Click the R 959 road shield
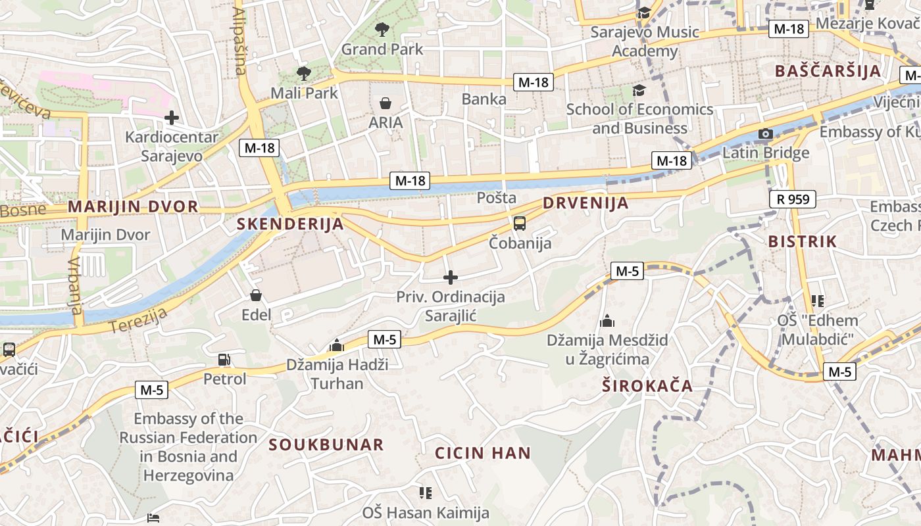click(x=792, y=199)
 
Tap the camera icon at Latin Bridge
click(x=765, y=134)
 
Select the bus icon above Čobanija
click(x=520, y=223)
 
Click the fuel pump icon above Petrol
click(x=224, y=360)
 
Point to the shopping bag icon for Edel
click(x=256, y=295)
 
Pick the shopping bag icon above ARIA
click(x=386, y=103)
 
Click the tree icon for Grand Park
click(x=382, y=29)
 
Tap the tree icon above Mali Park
click(x=303, y=73)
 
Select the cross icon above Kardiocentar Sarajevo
click(x=172, y=118)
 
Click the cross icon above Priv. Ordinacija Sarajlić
click(x=451, y=277)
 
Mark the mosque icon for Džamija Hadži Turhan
click(x=337, y=345)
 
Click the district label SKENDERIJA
click(x=290, y=224)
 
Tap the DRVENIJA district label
click(x=585, y=203)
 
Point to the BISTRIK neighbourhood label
click(x=803, y=241)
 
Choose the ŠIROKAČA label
click(x=647, y=386)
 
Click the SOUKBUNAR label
click(x=326, y=444)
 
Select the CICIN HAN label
click(x=483, y=453)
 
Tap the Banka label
click(x=484, y=99)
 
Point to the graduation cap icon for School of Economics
click(x=639, y=89)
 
